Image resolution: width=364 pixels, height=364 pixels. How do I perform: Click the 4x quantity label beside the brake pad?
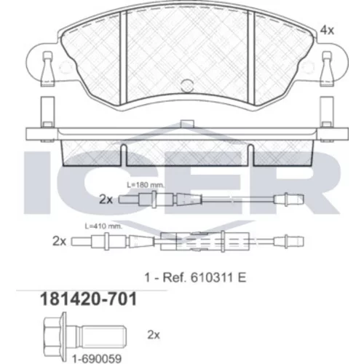point(327,31)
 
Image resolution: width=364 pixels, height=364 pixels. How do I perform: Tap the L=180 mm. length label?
point(146,185)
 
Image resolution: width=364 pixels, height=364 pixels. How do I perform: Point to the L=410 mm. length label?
point(103,226)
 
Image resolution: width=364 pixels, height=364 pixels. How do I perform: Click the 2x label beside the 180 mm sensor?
point(106,199)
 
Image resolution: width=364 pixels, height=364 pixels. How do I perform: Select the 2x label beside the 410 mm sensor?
point(59,241)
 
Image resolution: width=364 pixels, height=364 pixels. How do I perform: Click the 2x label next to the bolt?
point(154,335)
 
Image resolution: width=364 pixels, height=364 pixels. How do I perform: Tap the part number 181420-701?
point(88,299)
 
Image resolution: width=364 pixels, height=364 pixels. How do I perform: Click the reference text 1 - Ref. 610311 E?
point(195,277)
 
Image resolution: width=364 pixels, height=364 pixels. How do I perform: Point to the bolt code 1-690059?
point(97,358)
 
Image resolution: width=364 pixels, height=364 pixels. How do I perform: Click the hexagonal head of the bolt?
point(52,336)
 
